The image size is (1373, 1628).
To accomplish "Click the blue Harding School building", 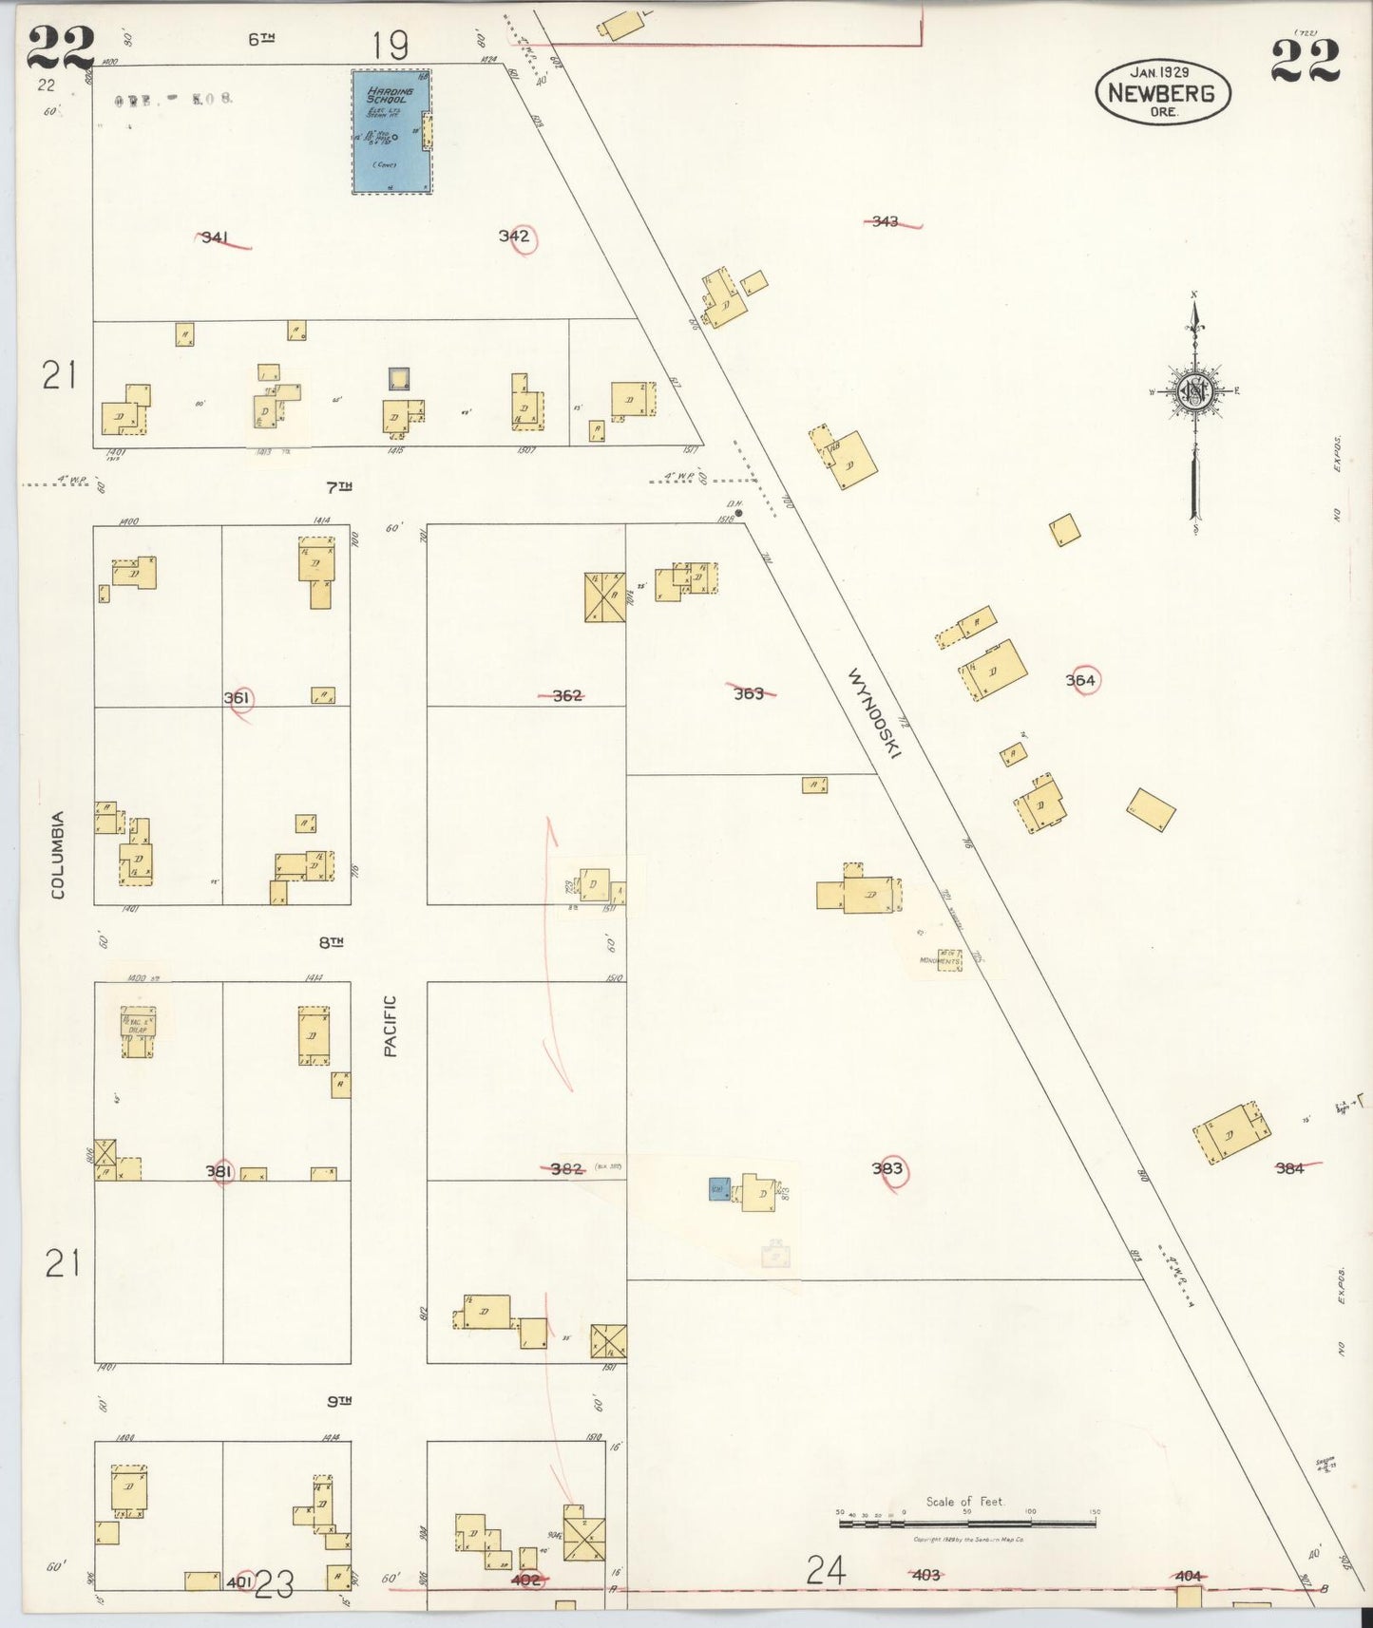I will [391, 131].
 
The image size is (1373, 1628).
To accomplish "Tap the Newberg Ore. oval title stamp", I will [1162, 93].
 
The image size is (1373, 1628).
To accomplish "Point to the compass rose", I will [1194, 390].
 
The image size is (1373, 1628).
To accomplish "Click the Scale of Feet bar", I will [966, 1523].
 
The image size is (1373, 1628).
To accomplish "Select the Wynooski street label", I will [874, 713].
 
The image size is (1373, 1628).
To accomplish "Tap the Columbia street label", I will [59, 854].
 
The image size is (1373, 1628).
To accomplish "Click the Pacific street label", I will [391, 1026].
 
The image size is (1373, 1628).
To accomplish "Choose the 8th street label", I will [331, 942].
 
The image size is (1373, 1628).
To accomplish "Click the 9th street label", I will [339, 1401].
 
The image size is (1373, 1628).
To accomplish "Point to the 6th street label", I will [261, 39].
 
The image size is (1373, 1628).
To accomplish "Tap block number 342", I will [514, 236].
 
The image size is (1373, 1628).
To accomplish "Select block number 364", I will [1080, 680].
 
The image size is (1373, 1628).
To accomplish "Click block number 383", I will [887, 1168].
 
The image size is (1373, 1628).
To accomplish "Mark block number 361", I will [237, 698].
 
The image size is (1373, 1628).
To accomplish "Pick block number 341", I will [215, 237].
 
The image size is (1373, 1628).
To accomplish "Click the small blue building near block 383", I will [718, 1188].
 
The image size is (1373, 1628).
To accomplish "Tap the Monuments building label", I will [940, 960].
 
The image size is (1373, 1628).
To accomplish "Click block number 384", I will [1289, 1168].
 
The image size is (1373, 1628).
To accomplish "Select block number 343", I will [885, 221].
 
